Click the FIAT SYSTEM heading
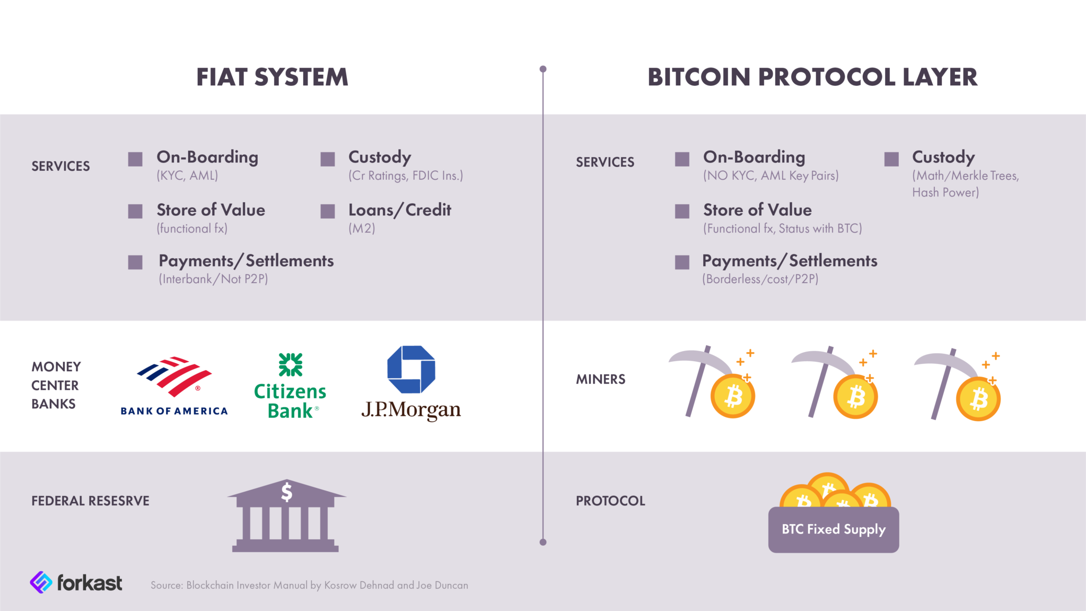272,77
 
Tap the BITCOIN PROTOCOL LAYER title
812,77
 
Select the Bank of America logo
174,386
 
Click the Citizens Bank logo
290,386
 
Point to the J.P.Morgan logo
411,383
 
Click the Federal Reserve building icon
286,516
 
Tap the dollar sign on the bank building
286,492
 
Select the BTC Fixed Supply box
834,529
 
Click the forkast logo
76,582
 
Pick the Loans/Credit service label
400,211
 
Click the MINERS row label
601,379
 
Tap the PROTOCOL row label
610,501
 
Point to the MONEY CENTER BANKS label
56,386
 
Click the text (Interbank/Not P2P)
214,279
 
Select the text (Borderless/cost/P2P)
760,279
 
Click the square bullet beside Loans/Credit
328,211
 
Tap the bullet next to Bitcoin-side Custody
891,159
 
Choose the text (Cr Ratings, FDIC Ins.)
406,176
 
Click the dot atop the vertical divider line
543,69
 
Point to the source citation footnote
309,586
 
